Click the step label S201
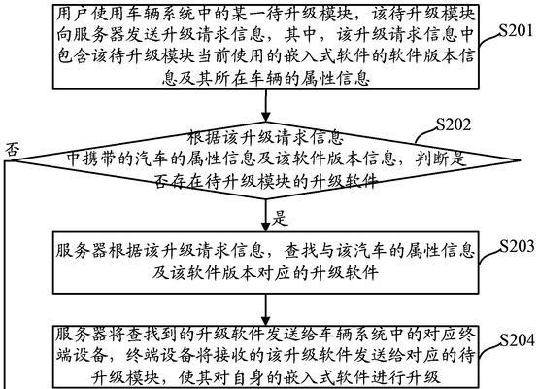[517, 31]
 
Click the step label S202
[454, 124]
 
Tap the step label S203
[517, 246]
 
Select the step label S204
[517, 340]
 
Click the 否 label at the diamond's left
[12, 150]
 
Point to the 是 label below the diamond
[280, 218]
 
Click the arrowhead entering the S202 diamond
[266, 117]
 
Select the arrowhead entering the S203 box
[266, 227]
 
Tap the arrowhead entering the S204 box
[266, 321]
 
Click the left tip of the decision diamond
[14, 160]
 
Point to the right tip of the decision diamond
[519, 160]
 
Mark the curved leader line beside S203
[488, 256]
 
